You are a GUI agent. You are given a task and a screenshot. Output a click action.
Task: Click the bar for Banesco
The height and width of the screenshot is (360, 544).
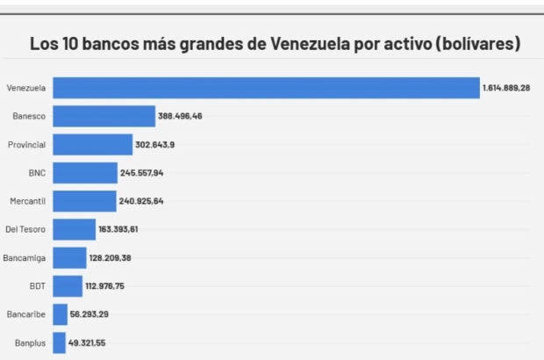coord(104,116)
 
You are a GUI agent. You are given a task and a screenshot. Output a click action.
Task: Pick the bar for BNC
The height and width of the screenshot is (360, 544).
coord(84,173)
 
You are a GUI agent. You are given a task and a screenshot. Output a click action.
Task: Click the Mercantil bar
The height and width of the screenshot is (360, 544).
coord(84,201)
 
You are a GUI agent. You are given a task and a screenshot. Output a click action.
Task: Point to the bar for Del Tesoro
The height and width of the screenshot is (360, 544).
coord(74,229)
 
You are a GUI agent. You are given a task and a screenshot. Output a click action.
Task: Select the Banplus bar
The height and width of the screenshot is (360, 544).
coord(59,342)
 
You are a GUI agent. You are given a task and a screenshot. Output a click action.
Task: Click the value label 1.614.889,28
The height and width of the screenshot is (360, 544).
coord(506,88)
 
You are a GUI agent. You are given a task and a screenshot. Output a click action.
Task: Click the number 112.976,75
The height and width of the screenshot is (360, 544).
coord(110,286)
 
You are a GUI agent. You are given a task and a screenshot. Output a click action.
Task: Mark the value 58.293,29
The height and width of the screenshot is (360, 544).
coord(89,314)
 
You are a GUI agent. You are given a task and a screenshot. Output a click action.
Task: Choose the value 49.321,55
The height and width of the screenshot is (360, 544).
coord(88,342)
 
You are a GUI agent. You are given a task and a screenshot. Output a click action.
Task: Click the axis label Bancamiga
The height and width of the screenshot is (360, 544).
coord(26,258)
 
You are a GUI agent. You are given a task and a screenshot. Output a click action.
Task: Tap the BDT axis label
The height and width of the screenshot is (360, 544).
coord(37,286)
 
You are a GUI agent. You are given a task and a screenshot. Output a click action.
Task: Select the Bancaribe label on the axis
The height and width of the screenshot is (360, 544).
coord(27,314)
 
